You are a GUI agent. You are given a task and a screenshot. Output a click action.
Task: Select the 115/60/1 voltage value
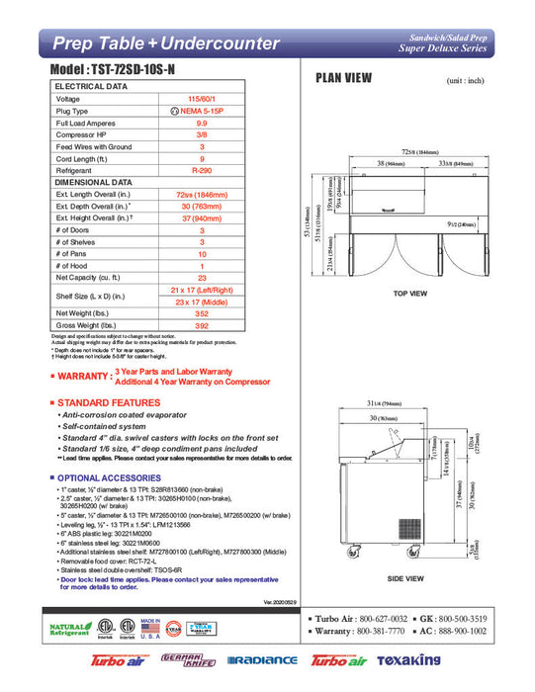click(202, 99)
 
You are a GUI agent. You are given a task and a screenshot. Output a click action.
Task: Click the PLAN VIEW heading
click(343, 78)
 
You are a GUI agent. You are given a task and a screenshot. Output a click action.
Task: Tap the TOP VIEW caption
click(408, 294)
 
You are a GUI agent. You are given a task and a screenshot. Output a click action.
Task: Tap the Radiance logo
click(262, 660)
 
